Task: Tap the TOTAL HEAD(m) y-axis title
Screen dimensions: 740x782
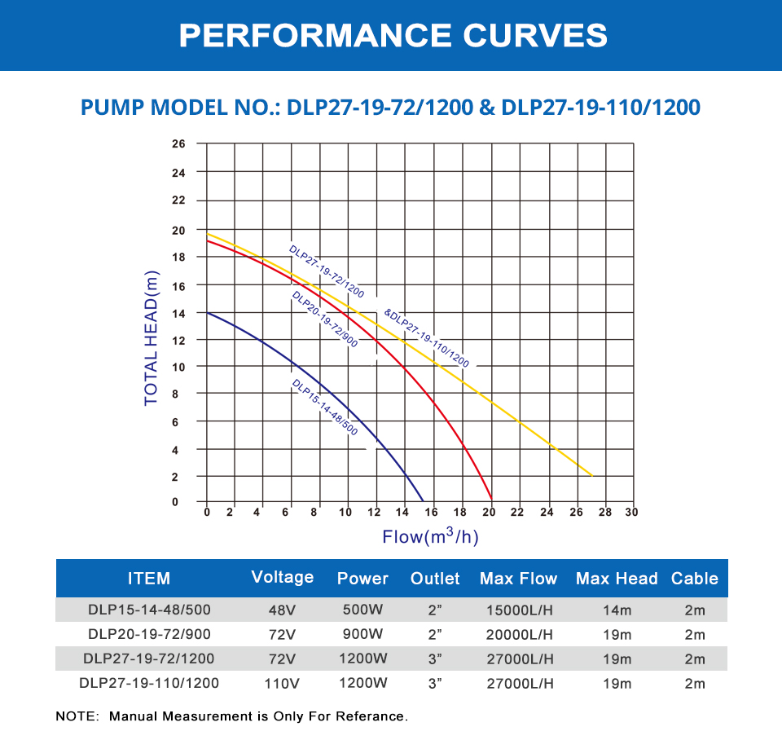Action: [152, 338]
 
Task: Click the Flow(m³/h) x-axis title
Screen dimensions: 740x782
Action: [429, 536]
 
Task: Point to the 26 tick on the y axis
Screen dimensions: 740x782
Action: [179, 144]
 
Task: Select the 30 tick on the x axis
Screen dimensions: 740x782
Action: [631, 513]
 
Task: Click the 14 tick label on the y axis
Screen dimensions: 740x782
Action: [179, 313]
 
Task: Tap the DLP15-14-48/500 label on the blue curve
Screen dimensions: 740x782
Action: [324, 407]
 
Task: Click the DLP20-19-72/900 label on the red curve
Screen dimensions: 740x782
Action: [324, 319]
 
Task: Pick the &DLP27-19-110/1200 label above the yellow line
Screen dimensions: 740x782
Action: [426, 337]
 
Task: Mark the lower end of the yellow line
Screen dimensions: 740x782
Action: [591, 475]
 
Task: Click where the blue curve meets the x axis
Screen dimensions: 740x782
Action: [423, 500]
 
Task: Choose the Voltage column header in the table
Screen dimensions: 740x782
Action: [283, 577]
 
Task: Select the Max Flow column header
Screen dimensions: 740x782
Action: [518, 579]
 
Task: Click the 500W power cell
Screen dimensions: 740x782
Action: [362, 610]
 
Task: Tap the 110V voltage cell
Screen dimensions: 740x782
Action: [283, 684]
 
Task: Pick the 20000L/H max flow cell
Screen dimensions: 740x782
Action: [518, 634]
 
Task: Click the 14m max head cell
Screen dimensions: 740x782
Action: [617, 610]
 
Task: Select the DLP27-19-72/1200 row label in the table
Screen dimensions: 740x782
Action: [151, 659]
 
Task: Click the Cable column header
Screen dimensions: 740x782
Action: [694, 579]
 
